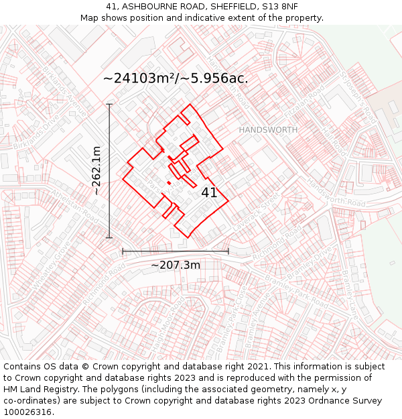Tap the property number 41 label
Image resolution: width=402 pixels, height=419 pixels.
(209, 193)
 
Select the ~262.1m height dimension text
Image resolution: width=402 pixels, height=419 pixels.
(97, 171)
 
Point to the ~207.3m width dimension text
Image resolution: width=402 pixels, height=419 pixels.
(176, 265)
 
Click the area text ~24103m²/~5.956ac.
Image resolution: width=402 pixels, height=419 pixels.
(176, 78)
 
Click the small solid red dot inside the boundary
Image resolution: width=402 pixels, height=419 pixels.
(169, 182)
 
